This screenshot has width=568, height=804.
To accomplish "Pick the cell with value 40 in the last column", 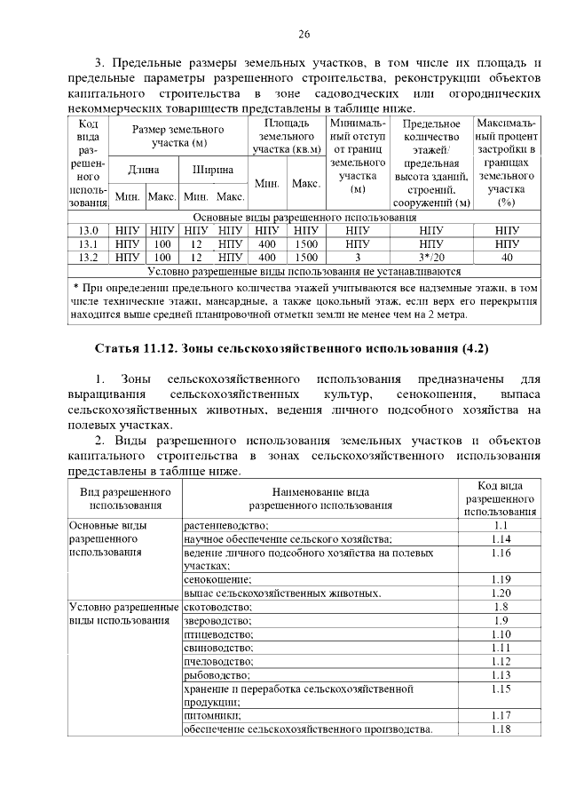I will pos(507,258).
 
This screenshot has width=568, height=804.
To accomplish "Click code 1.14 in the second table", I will pos(501,539).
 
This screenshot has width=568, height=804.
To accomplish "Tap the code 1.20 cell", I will pos(501,593).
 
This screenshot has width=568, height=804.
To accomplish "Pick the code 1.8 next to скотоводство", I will pos(501,607).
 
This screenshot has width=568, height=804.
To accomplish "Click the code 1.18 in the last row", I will pos(501,729).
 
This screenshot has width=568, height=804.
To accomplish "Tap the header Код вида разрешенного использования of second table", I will pos(501,498).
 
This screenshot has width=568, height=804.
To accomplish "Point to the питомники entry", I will pos(210,715).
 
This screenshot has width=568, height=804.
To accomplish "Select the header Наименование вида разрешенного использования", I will pos(320,498).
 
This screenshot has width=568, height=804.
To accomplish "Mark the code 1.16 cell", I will pos(501,553).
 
